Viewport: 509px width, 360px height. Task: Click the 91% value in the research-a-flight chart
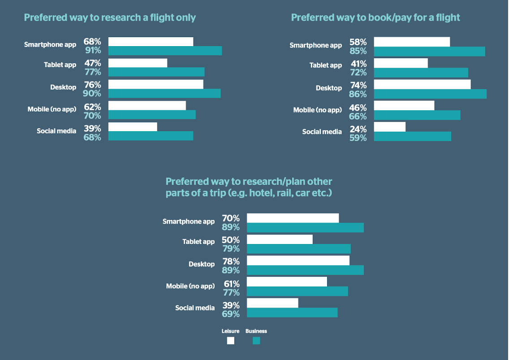point(93,51)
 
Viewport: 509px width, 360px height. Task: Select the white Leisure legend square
point(231,341)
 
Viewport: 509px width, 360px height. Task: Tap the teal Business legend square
point(256,341)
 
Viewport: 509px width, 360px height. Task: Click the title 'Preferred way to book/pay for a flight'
point(375,17)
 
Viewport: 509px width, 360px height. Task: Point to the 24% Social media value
point(358,129)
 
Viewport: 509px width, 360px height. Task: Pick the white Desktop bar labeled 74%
point(422,84)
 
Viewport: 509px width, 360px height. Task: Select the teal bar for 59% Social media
point(412,137)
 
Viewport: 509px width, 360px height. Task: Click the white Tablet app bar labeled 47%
point(138,63)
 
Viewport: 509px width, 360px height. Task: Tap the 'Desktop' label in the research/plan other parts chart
point(202,264)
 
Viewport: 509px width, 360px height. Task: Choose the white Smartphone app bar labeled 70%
point(293,218)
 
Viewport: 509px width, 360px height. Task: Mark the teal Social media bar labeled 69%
point(292,313)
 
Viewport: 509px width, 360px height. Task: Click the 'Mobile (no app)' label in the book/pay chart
point(317,110)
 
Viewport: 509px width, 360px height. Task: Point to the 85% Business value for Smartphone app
point(358,51)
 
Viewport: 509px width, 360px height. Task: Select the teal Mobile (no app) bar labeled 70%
point(152,115)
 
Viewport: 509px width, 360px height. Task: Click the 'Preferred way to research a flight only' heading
point(110,17)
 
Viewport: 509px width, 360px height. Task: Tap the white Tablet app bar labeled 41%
point(401,63)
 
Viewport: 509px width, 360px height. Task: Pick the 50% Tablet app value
point(231,240)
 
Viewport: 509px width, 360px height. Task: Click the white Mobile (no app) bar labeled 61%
point(287,282)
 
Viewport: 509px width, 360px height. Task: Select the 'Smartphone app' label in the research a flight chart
point(50,44)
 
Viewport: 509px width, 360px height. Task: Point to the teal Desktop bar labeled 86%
point(430,94)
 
